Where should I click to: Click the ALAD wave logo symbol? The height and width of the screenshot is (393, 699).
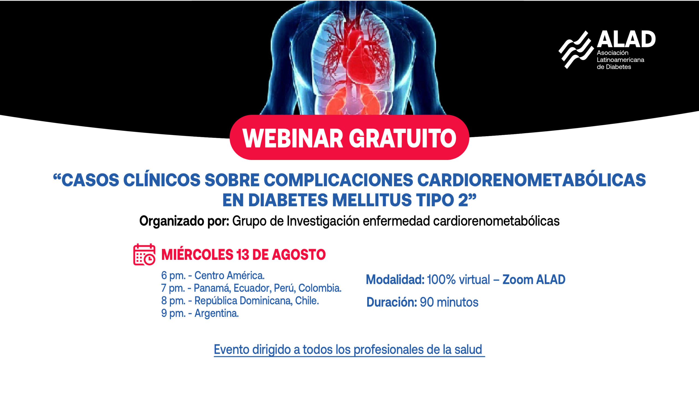(x=576, y=50)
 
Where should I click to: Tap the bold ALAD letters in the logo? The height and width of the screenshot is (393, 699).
(x=626, y=39)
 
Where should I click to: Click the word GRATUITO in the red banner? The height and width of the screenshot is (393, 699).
(x=403, y=138)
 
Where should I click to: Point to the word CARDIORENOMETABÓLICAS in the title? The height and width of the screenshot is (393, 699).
(x=531, y=180)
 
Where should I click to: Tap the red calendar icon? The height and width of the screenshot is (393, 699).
(x=144, y=254)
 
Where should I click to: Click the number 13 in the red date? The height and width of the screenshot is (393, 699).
(x=242, y=255)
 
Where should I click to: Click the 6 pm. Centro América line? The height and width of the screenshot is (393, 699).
(x=213, y=276)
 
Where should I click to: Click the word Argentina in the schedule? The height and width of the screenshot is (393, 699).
(x=217, y=314)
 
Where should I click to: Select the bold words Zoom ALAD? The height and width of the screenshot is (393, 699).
(x=534, y=280)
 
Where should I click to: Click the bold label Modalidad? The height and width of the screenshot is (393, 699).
(x=395, y=280)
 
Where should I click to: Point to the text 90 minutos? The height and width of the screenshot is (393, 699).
(x=449, y=302)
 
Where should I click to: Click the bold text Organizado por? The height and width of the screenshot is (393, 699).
(x=184, y=221)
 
